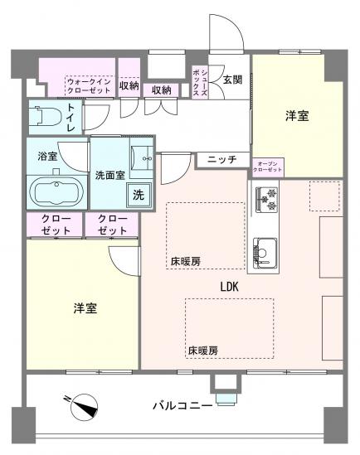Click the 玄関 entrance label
pyautogui.click(x=232, y=80)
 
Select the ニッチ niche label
pyautogui.click(x=222, y=159)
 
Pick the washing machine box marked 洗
pyautogui.click(x=138, y=196)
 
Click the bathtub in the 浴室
pyautogui.click(x=56, y=192)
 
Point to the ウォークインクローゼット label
pyautogui.click(x=90, y=85)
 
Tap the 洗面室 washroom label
pyautogui.click(x=109, y=175)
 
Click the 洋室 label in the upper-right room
pyautogui.click(x=297, y=116)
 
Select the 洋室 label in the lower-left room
pyautogui.click(x=85, y=308)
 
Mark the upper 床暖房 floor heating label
pyautogui.click(x=186, y=261)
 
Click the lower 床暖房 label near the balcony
pyautogui.click(x=202, y=349)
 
